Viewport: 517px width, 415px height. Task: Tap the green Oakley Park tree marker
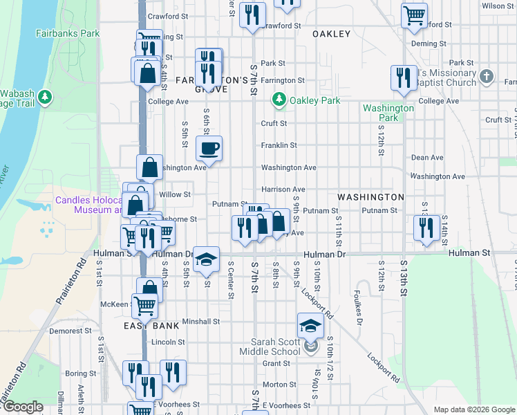[x=279, y=100]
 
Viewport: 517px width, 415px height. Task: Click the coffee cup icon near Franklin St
[x=209, y=147]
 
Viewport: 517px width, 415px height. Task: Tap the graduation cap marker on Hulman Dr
[x=206, y=259]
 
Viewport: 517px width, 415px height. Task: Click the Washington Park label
[x=388, y=113]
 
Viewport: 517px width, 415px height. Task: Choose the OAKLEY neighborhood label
[x=331, y=33]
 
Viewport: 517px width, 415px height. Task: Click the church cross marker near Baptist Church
[x=487, y=76]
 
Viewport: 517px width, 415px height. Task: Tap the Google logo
[x=22, y=407]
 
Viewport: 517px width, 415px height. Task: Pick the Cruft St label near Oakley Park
[x=274, y=124]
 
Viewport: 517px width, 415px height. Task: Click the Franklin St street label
[x=279, y=145]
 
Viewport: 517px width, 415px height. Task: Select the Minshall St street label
[x=201, y=321]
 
